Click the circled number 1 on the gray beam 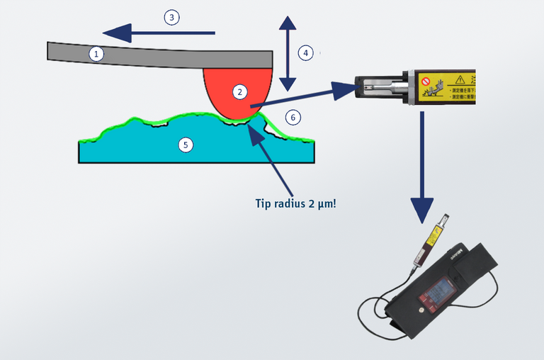[x=96, y=53]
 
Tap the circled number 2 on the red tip [x=240, y=91]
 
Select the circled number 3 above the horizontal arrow [x=171, y=18]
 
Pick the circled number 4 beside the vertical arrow [x=305, y=52]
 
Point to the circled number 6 [x=293, y=116]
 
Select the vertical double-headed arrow [x=287, y=52]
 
